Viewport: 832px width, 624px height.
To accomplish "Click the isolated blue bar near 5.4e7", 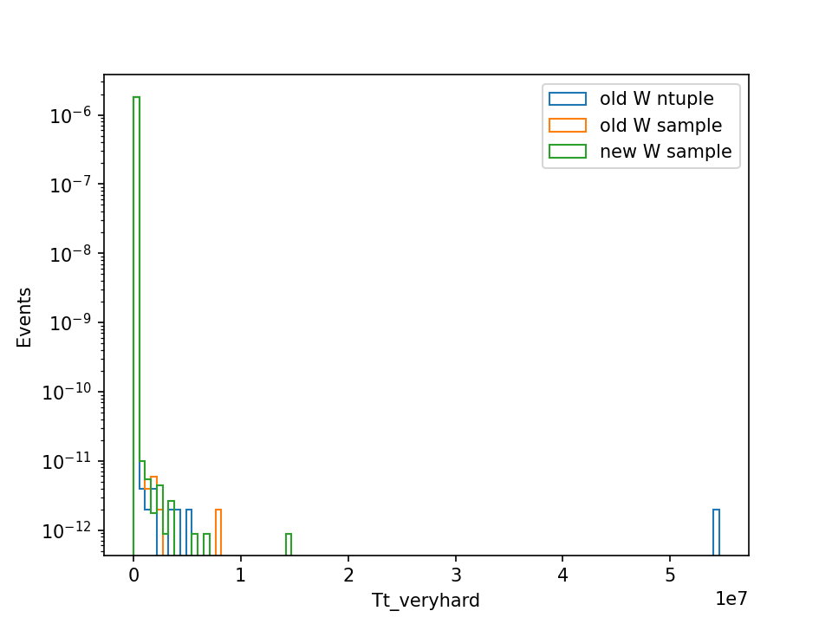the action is click(717, 532).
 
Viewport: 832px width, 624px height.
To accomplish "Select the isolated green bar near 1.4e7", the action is click(289, 544).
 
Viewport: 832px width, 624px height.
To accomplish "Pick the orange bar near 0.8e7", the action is click(218, 532).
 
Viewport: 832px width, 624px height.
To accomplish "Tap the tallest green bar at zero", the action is click(136, 326).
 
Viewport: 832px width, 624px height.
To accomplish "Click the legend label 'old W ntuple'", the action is click(656, 99).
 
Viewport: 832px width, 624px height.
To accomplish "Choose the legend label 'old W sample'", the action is click(660, 125).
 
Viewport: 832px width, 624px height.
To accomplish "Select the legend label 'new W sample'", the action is click(666, 151).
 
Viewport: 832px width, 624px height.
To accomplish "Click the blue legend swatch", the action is click(568, 99).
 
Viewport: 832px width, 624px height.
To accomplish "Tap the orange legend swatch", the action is click(568, 125).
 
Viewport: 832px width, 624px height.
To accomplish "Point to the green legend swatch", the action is click(568, 151).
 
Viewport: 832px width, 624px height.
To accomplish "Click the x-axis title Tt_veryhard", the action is click(426, 601).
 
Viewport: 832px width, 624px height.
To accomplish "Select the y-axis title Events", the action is click(24, 317).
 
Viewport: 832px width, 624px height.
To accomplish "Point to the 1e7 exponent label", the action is click(731, 599).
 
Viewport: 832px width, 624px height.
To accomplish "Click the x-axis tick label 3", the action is click(456, 575).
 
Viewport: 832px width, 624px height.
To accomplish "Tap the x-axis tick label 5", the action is click(670, 575).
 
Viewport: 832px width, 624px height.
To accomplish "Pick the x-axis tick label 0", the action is click(133, 575).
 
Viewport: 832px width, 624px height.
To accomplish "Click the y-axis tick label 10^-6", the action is click(70, 115).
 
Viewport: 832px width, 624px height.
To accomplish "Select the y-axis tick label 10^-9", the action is click(70, 322).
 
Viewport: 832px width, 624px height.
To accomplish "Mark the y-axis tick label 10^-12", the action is click(67, 530).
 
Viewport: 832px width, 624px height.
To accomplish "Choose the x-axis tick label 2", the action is click(348, 575).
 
